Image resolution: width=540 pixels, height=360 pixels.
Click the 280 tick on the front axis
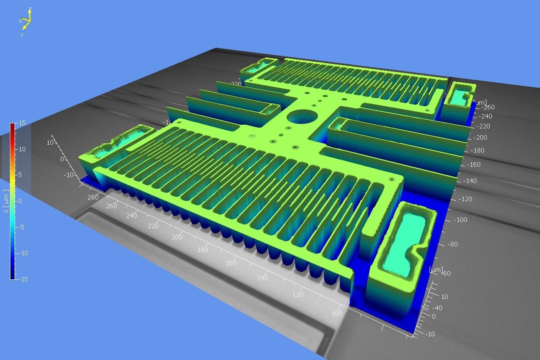[93, 197]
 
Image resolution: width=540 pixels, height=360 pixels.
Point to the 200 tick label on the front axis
[177, 237]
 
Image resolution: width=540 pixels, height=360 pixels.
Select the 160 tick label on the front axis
[231, 263]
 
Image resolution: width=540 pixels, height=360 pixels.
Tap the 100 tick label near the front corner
[337, 313]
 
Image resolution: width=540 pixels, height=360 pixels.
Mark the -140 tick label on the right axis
[469, 181]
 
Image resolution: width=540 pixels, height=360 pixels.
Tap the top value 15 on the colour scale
[22, 123]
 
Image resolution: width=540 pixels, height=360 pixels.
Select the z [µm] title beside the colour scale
[5, 200]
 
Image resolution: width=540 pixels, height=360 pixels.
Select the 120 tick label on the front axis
[298, 295]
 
